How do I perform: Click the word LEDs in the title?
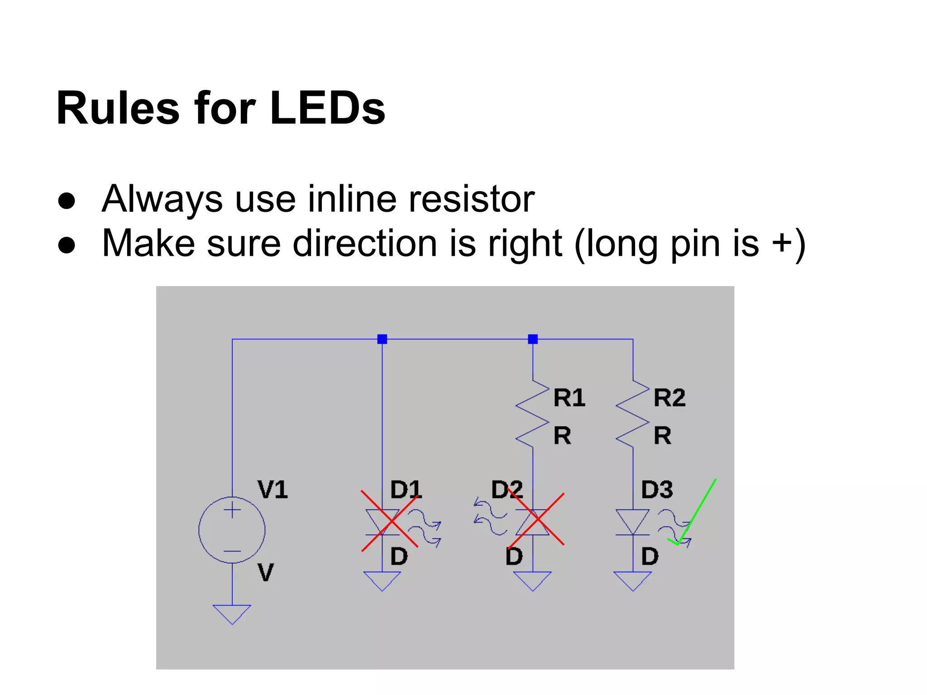click(327, 109)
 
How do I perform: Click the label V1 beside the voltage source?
click(272, 490)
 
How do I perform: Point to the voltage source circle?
click(232, 530)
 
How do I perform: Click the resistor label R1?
click(569, 398)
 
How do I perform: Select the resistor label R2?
click(669, 398)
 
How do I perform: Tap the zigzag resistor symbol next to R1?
click(533, 414)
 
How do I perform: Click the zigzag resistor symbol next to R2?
click(633, 414)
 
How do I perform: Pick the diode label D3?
click(657, 490)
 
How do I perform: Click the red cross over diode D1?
click(389, 521)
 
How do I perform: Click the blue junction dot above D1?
click(382, 339)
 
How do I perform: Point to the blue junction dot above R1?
click(533, 339)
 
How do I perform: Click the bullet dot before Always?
click(67, 200)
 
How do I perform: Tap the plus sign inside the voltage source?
click(232, 510)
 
